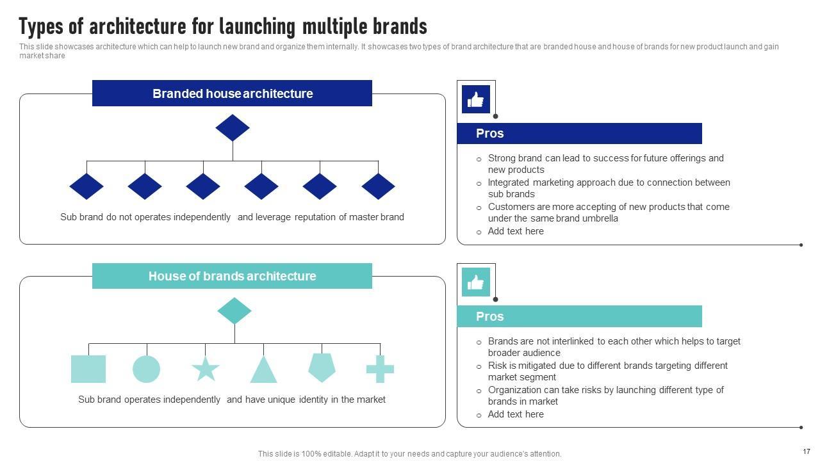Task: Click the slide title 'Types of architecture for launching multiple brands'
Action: (x=223, y=27)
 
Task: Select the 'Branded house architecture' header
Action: (x=232, y=93)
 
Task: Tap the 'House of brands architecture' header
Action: (x=232, y=276)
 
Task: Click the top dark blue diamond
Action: (x=233, y=127)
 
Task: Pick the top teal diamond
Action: (x=234, y=311)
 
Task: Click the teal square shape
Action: (x=88, y=369)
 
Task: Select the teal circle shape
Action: (x=146, y=369)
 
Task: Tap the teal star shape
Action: (x=205, y=369)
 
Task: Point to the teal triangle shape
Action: (x=263, y=370)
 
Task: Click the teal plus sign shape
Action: (x=380, y=369)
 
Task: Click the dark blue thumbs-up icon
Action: (x=476, y=99)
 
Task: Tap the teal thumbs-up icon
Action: (x=476, y=282)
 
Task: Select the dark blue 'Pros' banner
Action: (x=579, y=133)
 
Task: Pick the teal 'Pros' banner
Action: (x=579, y=316)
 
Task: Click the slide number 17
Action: (x=807, y=451)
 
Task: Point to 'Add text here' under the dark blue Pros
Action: (x=516, y=231)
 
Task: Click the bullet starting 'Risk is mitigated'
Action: (x=607, y=371)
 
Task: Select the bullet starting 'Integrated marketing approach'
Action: (x=609, y=188)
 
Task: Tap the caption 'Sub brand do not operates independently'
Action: (x=145, y=217)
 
